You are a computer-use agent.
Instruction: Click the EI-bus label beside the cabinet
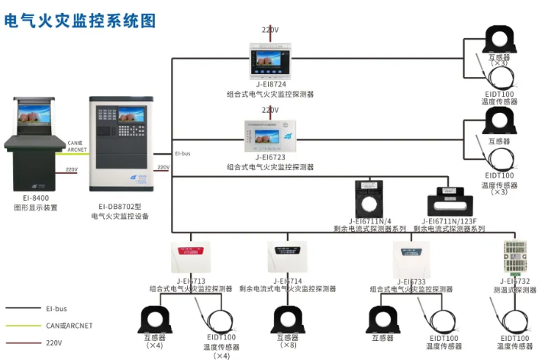(x=182, y=153)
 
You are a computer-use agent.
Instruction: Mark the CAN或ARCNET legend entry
(x=69, y=326)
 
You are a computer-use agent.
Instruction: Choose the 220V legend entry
(x=54, y=342)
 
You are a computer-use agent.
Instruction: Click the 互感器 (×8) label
(x=287, y=341)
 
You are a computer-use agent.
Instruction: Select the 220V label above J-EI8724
(x=270, y=31)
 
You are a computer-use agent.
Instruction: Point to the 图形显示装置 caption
(x=35, y=207)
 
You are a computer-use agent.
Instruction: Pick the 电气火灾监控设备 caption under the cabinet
(x=120, y=216)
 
